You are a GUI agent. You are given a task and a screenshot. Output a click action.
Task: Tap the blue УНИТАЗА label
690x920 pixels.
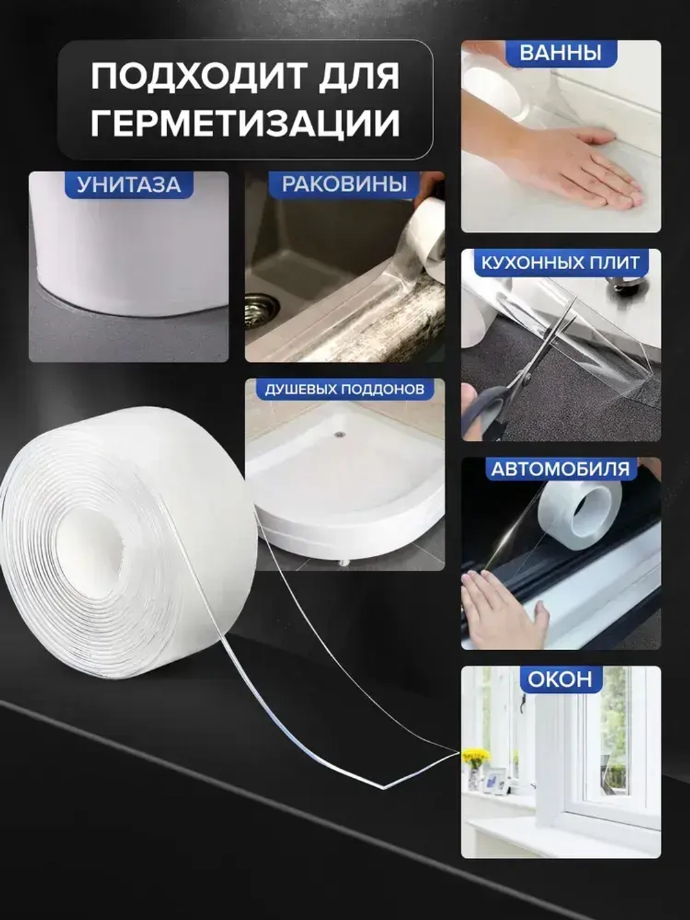pos(128,184)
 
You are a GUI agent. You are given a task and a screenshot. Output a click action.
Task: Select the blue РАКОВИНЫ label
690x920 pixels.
pos(344,184)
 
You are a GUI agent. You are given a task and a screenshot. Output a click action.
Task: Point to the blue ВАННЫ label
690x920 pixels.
pos(560,53)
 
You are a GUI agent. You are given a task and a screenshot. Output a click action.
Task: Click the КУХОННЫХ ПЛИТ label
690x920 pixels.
pos(560,262)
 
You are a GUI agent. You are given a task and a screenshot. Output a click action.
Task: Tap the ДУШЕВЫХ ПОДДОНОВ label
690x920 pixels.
pos(344,389)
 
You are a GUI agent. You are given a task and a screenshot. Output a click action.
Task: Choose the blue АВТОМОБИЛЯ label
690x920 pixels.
pos(560,469)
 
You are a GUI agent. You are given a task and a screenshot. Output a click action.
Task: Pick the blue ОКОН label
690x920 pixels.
pos(560,679)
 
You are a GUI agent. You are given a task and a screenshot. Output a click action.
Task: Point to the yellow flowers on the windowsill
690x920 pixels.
pos(475,756)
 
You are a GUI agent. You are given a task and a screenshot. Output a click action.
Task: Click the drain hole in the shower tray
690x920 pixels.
pos(339,435)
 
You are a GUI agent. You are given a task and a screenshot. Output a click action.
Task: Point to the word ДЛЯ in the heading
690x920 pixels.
pos(359,76)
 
